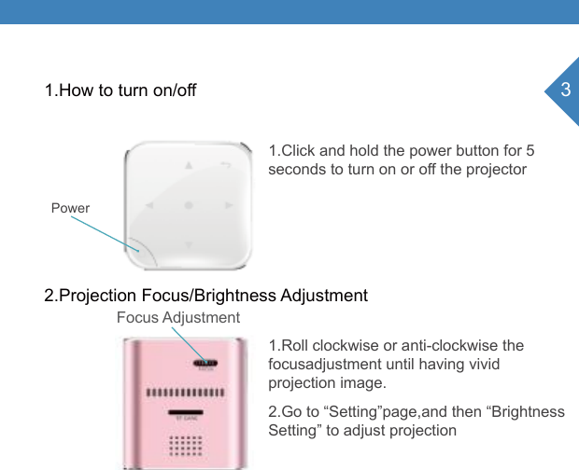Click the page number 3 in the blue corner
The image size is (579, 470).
[x=564, y=90]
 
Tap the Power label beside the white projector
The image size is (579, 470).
[x=70, y=207]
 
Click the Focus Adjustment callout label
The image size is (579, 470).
[x=177, y=318]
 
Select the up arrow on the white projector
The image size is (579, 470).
[x=189, y=166]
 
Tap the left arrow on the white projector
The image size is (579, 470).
[x=149, y=204]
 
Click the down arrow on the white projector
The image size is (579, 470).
[x=189, y=244]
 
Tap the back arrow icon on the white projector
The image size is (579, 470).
[x=226, y=166]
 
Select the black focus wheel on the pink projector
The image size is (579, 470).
[x=205, y=363]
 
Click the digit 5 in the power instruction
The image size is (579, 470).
[x=530, y=151]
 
